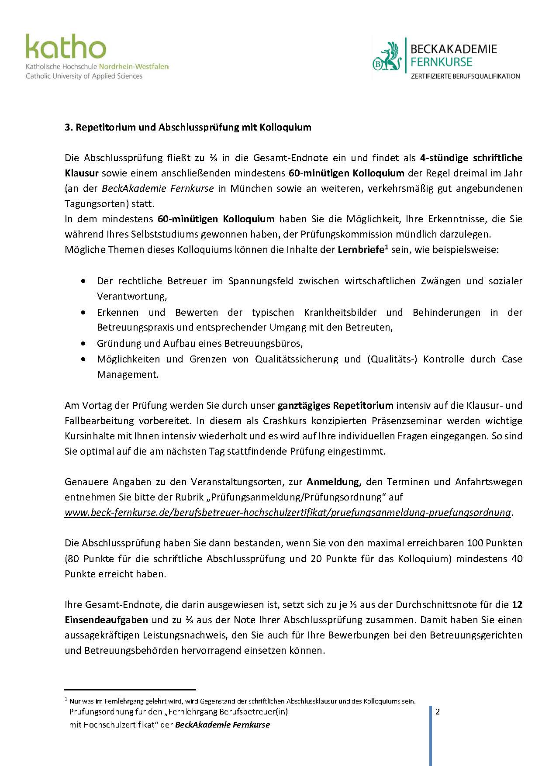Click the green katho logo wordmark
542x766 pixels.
tap(66, 47)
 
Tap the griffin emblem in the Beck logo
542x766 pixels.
tap(387, 57)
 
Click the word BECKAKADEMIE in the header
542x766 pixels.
tap(453, 48)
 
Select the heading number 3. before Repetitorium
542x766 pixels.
tap(68, 128)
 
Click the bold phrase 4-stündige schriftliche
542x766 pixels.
tap(471, 158)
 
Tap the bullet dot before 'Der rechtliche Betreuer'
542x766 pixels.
tap(83, 281)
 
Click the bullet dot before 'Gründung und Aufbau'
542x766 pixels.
tap(83, 344)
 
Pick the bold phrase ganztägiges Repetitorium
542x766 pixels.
tap(335, 405)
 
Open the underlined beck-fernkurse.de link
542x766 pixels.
tap(287, 512)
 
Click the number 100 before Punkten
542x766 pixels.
tap(475, 543)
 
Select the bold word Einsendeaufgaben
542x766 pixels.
tap(106, 620)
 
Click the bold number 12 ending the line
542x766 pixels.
tap(517, 604)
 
